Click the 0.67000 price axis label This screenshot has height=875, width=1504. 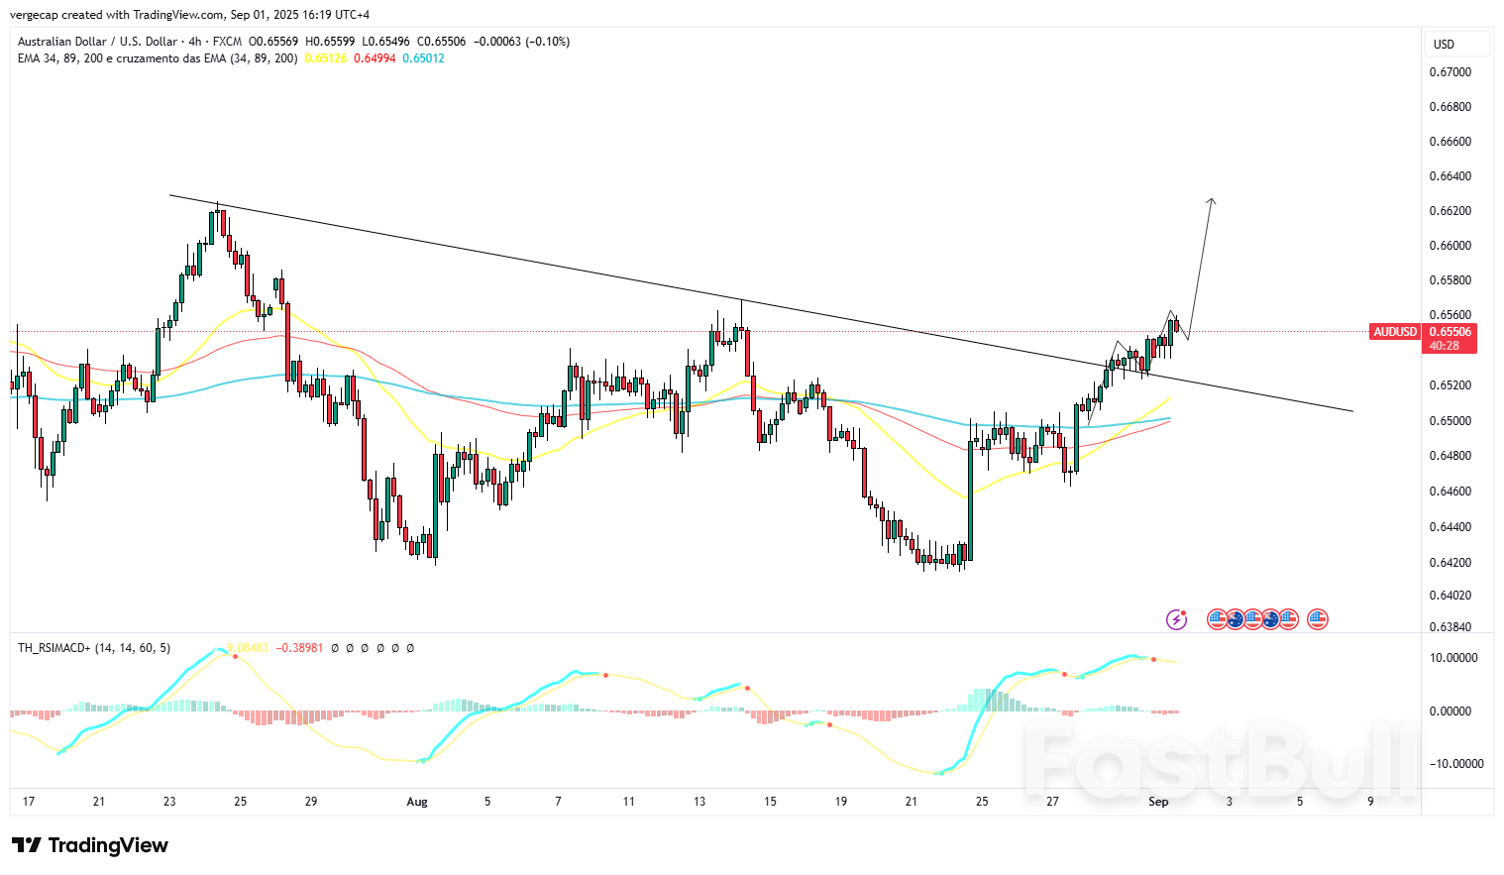pyautogui.click(x=1450, y=72)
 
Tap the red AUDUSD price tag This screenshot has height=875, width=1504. pyautogui.click(x=1395, y=332)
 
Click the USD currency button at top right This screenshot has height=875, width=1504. pyautogui.click(x=1445, y=45)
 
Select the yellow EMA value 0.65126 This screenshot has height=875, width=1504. pyautogui.click(x=325, y=58)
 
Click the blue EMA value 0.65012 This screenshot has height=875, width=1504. pyautogui.click(x=423, y=58)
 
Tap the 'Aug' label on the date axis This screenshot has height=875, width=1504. pyautogui.click(x=417, y=802)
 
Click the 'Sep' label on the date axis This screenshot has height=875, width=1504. pyautogui.click(x=1158, y=802)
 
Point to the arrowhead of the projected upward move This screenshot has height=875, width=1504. pyautogui.click(x=1211, y=201)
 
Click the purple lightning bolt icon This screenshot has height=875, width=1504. pyautogui.click(x=1176, y=619)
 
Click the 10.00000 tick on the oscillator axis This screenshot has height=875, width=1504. pyautogui.click(x=1452, y=658)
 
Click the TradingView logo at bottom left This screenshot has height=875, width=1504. pyautogui.click(x=90, y=845)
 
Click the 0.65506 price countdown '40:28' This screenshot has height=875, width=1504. pyautogui.click(x=1444, y=346)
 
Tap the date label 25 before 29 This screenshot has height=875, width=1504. pyautogui.click(x=241, y=802)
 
